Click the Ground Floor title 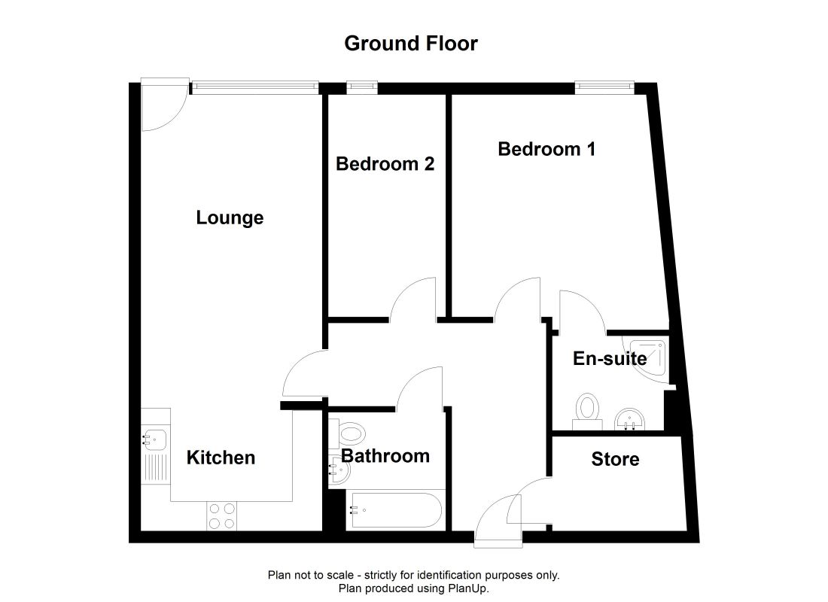(411, 44)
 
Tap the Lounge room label (230, 218)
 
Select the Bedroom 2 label (385, 163)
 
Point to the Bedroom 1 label (546, 149)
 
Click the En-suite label (610, 358)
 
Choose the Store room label (615, 459)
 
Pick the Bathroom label (385, 455)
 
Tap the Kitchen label (221, 458)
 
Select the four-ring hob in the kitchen (221, 515)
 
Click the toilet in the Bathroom (350, 433)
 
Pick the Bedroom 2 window (362, 88)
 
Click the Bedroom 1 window (604, 88)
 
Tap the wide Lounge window (254, 88)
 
